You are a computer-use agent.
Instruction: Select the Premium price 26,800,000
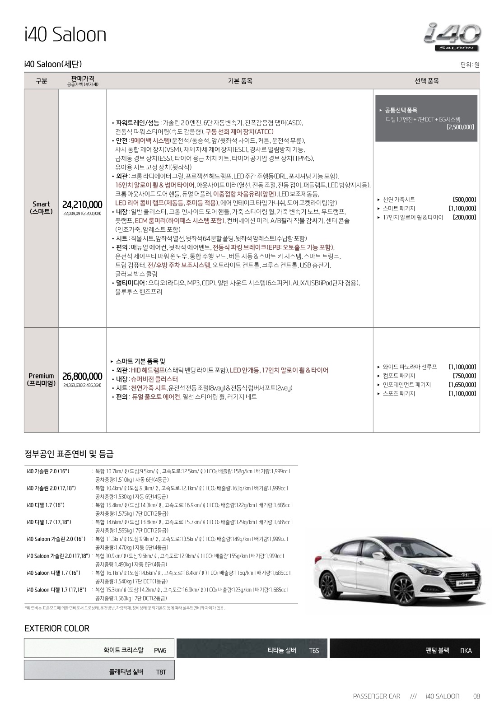[x=82, y=377]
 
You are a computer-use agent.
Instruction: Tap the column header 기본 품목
[x=240, y=81]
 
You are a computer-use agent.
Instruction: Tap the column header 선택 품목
[x=426, y=81]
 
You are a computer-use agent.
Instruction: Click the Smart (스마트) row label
[x=41, y=208]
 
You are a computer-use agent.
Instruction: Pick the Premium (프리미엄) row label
[x=41, y=379]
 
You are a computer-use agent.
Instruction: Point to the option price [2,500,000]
[x=460, y=127]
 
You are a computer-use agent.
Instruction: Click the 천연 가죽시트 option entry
[x=399, y=200]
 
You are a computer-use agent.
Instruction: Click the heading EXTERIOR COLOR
[x=57, y=629]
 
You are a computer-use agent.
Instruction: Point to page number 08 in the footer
[x=476, y=696]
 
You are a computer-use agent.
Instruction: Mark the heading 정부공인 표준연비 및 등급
[x=69, y=454]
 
